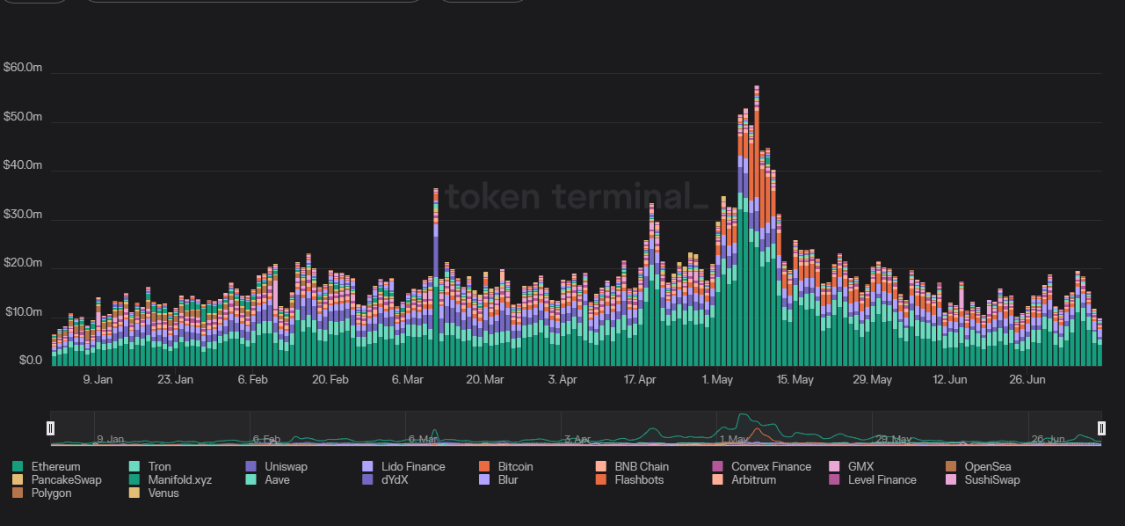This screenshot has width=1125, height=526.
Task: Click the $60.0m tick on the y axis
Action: tap(23, 68)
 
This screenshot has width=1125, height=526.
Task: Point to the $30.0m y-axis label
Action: tap(23, 215)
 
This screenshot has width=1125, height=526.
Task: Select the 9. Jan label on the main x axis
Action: tap(98, 380)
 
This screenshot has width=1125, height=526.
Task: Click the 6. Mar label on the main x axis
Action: tap(408, 380)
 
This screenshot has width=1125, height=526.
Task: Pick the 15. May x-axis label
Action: tap(795, 380)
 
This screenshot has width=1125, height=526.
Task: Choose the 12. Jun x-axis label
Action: tap(950, 380)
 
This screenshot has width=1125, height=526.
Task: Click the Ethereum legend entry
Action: tap(55, 466)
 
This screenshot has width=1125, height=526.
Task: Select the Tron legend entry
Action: tap(159, 466)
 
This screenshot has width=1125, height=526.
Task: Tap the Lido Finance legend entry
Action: tap(412, 466)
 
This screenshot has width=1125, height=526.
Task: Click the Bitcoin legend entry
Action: tap(515, 466)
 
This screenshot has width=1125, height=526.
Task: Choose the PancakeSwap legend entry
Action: tap(66, 479)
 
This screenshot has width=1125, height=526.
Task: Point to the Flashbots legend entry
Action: tap(639, 479)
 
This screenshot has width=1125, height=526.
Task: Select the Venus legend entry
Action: tap(163, 493)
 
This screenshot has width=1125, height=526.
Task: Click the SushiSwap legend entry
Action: tap(991, 479)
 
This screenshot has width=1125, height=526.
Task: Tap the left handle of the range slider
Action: tap(50, 427)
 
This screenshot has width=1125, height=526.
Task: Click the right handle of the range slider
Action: tap(1101, 427)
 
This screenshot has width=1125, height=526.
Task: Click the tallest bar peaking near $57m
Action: tap(757, 229)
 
